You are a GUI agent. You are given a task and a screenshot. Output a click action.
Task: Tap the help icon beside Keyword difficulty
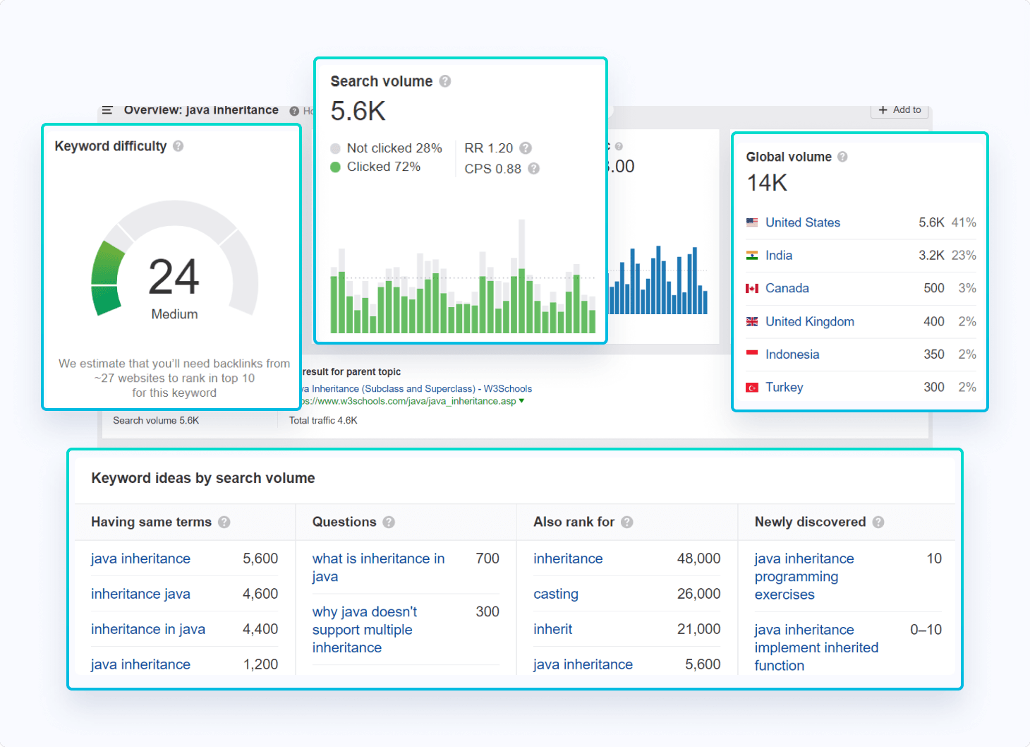pyautogui.click(x=178, y=146)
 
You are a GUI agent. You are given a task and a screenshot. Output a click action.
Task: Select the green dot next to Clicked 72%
pyautogui.click(x=335, y=167)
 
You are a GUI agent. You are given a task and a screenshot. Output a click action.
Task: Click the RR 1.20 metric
pyautogui.click(x=488, y=148)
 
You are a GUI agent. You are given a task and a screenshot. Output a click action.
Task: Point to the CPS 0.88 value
pyautogui.click(x=492, y=169)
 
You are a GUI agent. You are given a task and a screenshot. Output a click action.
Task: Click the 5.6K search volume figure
pyautogui.click(x=358, y=112)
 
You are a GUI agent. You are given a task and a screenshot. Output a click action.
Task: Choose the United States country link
pyautogui.click(x=802, y=222)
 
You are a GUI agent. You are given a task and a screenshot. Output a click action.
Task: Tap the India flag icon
pyautogui.click(x=752, y=256)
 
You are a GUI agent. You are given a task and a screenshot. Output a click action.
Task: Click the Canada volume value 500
pyautogui.click(x=933, y=288)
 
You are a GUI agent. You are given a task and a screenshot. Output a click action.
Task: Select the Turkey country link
pyautogui.click(x=784, y=387)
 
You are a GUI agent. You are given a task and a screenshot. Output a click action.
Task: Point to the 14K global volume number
pyautogui.click(x=767, y=183)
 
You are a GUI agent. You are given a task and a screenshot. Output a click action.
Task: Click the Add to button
pyautogui.click(x=899, y=110)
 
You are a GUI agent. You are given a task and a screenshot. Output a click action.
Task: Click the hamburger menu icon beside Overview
pyautogui.click(x=107, y=110)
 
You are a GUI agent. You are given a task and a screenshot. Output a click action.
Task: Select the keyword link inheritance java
pyautogui.click(x=140, y=594)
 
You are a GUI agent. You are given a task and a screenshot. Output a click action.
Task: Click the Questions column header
pyautogui.click(x=344, y=522)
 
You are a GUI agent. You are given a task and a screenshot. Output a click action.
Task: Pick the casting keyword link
pyautogui.click(x=555, y=594)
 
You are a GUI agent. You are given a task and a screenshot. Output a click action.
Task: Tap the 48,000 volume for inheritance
pyautogui.click(x=698, y=558)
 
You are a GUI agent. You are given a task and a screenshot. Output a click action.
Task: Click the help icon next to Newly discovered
pyautogui.click(x=878, y=522)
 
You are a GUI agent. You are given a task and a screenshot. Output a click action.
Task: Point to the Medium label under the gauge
pyautogui.click(x=174, y=314)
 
